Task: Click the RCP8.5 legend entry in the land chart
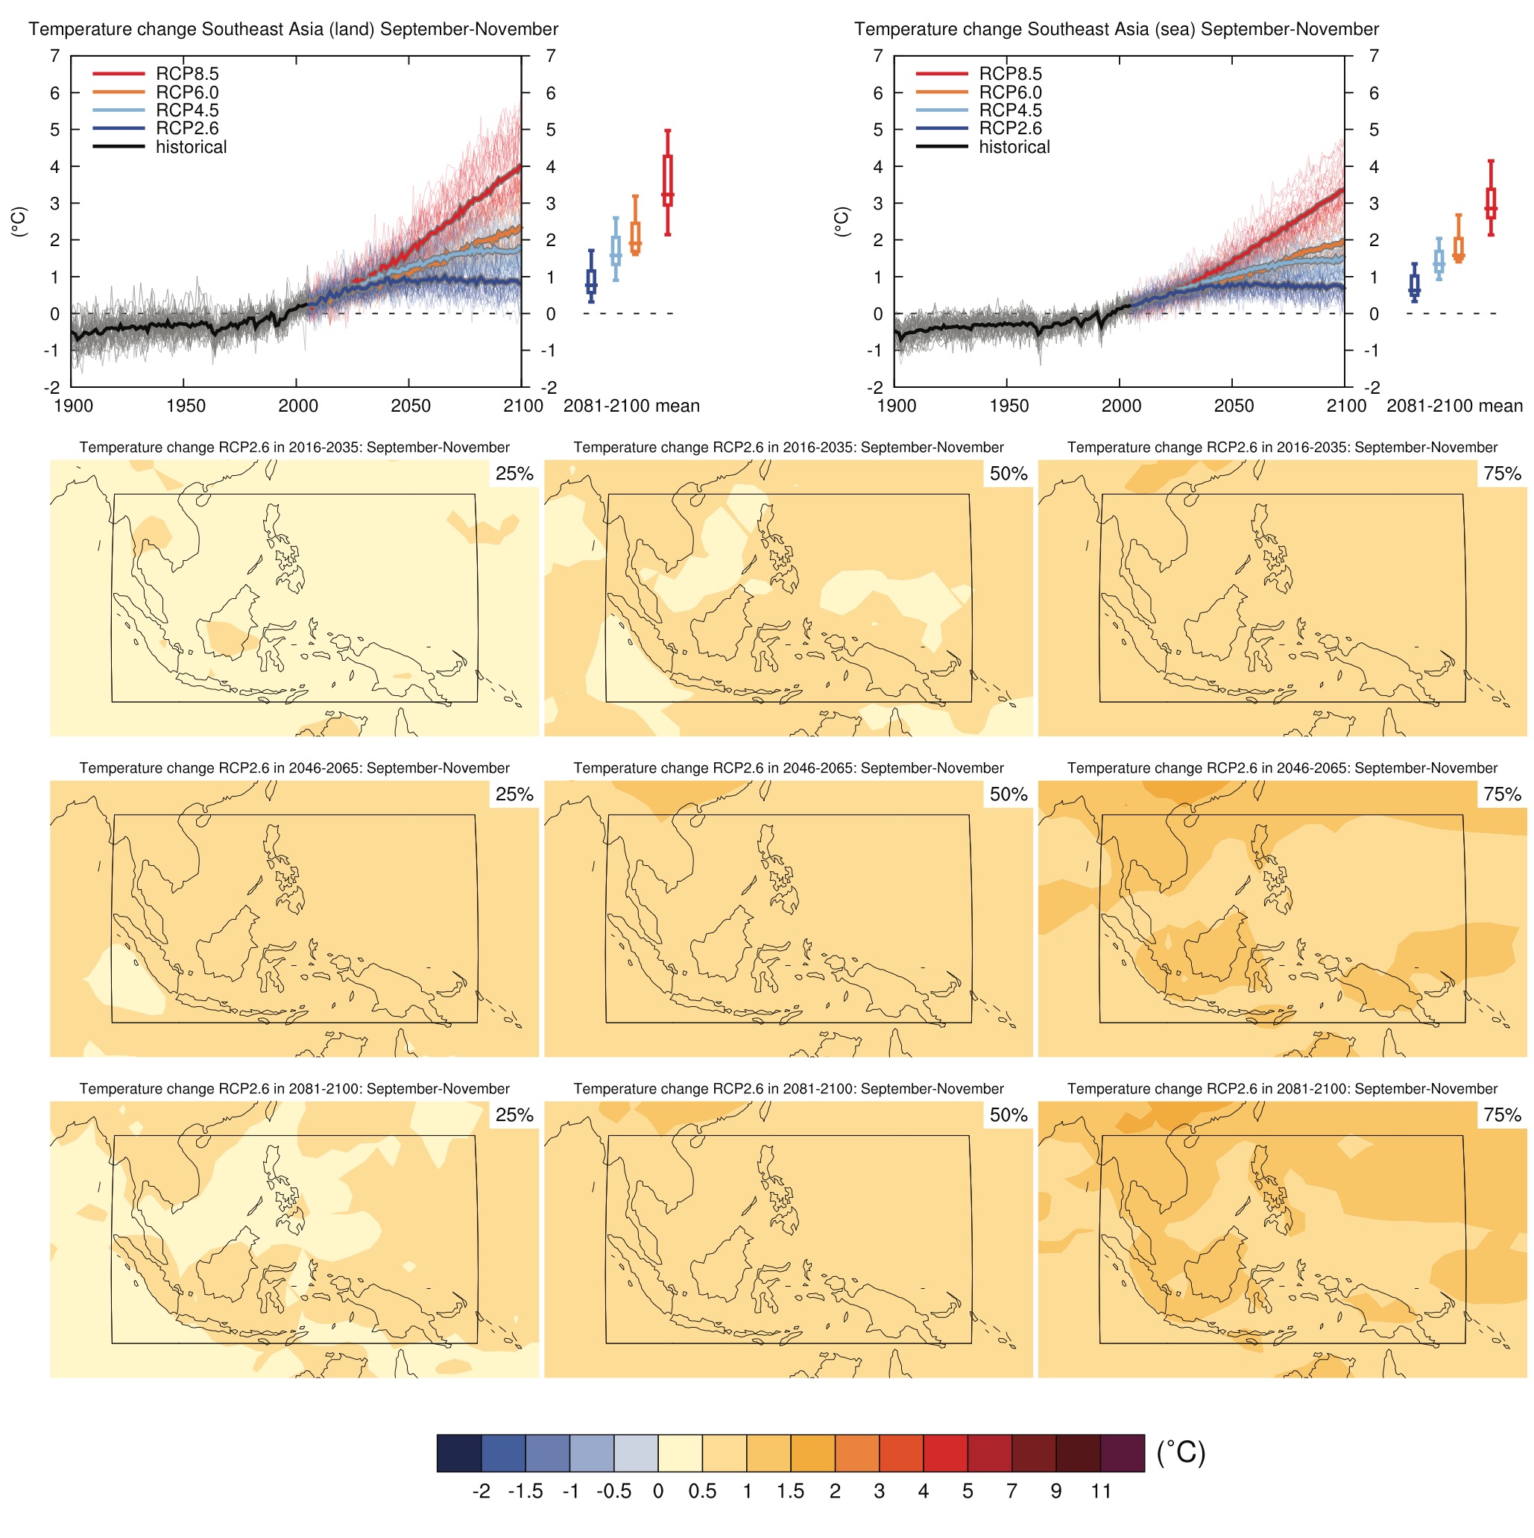pyautogui.click(x=186, y=74)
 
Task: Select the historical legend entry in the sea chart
pyautogui.click(x=1013, y=147)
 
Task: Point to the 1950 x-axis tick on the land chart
pyautogui.click(x=186, y=406)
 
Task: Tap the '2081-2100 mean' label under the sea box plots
pyautogui.click(x=1453, y=406)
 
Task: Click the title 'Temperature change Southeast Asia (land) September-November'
pyautogui.click(x=293, y=29)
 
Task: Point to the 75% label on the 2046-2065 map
pyautogui.click(x=1501, y=794)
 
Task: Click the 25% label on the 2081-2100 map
pyautogui.click(x=514, y=1114)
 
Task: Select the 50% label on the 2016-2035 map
pyautogui.click(x=1008, y=474)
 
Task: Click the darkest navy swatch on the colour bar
pyautogui.click(x=459, y=1453)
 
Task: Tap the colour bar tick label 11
pyautogui.click(x=1100, y=1491)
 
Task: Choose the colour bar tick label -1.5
pyautogui.click(x=525, y=1491)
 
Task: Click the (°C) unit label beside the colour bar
pyautogui.click(x=1180, y=1453)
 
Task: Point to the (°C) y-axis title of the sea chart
pyautogui.click(x=842, y=222)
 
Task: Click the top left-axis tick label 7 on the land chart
pyautogui.click(x=54, y=57)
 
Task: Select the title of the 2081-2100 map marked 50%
pyautogui.click(x=788, y=1088)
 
